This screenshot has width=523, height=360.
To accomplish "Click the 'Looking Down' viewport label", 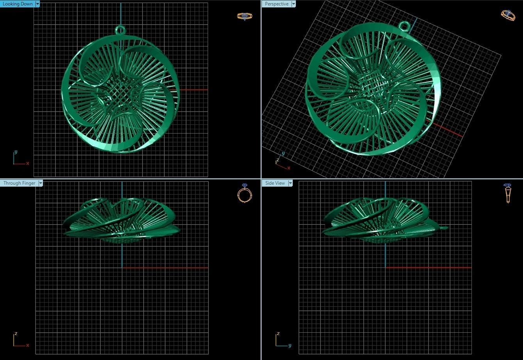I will pos(17,4).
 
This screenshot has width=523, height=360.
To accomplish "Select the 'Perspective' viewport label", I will pos(276,4).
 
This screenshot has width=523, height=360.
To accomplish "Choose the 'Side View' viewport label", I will pos(275,183).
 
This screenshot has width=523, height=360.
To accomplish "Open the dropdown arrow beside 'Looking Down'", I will pos(37,4).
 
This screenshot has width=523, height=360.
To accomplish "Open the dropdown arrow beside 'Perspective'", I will pos(293,4).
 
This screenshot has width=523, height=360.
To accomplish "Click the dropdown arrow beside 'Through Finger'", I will pos(40,183).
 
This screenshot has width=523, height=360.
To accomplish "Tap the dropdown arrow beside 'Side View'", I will pos(290,183).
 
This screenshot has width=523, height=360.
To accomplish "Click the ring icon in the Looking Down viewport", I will pos(245,16).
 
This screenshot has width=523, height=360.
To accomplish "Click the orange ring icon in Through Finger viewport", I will pos(245,193).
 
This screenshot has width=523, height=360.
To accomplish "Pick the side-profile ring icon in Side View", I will pos(507,193).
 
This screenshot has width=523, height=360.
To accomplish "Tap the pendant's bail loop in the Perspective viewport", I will pos(404,26).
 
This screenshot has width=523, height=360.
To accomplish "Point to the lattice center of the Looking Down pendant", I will pos(121,94).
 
